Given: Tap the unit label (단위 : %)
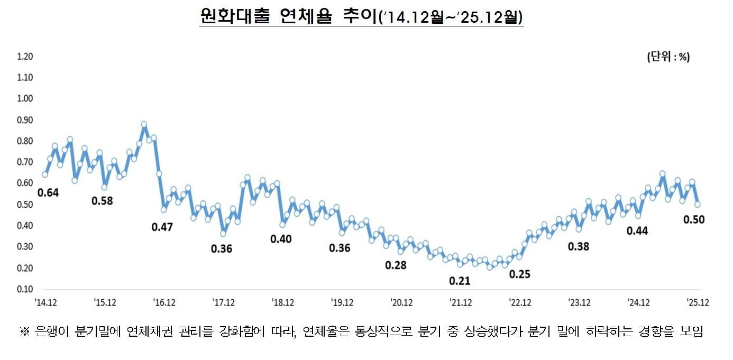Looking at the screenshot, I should pyautogui.click(x=668, y=58).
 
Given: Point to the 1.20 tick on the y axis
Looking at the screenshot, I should pyautogui.click(x=25, y=57).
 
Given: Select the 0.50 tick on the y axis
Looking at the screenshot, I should pyautogui.click(x=25, y=205).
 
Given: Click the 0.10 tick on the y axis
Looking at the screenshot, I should pyautogui.click(x=25, y=289).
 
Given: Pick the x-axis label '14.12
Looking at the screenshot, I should pyautogui.click(x=46, y=302).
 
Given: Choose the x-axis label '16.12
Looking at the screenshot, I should pyautogui.click(x=164, y=302).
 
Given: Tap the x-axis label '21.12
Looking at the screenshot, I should pyautogui.click(x=461, y=302).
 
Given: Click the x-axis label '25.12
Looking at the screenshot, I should pyautogui.click(x=698, y=302).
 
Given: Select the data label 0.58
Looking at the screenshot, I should pyautogui.click(x=103, y=201).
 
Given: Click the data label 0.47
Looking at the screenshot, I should pyautogui.click(x=162, y=227).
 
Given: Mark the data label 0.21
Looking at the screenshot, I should pyautogui.click(x=460, y=281).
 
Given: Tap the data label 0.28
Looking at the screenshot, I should pyautogui.click(x=396, y=265).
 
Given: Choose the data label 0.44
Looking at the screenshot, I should pyautogui.click(x=637, y=231).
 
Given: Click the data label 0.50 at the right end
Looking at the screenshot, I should pyautogui.click(x=693, y=220).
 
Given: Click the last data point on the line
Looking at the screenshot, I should pyautogui.click(x=698, y=204).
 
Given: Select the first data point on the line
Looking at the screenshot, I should pyautogui.click(x=45, y=174).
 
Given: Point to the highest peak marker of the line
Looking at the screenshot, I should pyautogui.click(x=144, y=125).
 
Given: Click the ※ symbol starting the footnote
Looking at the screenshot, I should pyautogui.click(x=24, y=332).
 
